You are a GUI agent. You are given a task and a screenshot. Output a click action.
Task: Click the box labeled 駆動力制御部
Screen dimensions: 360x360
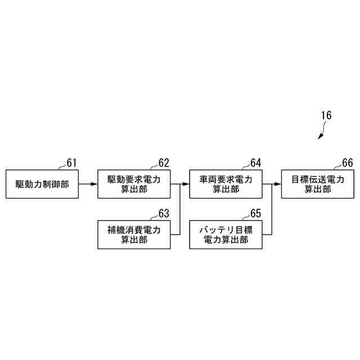tap(42, 183)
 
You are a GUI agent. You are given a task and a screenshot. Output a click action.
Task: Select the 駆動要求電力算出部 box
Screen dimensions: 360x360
tap(134, 183)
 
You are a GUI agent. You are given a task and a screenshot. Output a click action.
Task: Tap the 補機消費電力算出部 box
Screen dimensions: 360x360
tap(134, 234)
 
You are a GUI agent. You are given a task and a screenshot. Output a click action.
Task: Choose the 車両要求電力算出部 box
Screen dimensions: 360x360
tap(226, 183)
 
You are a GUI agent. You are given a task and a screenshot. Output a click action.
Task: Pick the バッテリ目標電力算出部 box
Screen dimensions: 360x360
tap(226, 234)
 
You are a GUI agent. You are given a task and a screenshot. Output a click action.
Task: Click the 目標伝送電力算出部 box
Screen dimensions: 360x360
tap(317, 183)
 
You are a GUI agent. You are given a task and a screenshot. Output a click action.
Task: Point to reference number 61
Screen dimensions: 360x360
tap(71, 163)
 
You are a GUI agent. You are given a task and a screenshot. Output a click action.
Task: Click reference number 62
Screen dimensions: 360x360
tap(164, 163)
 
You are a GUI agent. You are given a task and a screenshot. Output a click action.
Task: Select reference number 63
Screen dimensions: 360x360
tap(164, 214)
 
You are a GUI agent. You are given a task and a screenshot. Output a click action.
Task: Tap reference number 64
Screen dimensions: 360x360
tap(255, 163)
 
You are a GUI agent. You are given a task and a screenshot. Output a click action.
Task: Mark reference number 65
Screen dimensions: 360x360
tap(255, 214)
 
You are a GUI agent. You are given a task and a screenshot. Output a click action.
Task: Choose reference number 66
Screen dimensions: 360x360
tap(347, 163)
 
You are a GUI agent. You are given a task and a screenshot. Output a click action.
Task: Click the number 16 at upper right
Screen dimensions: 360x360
tap(326, 116)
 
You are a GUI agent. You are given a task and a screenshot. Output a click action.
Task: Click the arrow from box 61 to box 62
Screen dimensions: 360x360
tap(88, 183)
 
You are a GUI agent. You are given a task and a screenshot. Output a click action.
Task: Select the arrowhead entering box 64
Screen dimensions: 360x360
tap(186, 183)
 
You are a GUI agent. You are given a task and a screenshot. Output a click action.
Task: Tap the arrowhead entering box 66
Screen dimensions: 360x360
tap(278, 183)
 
